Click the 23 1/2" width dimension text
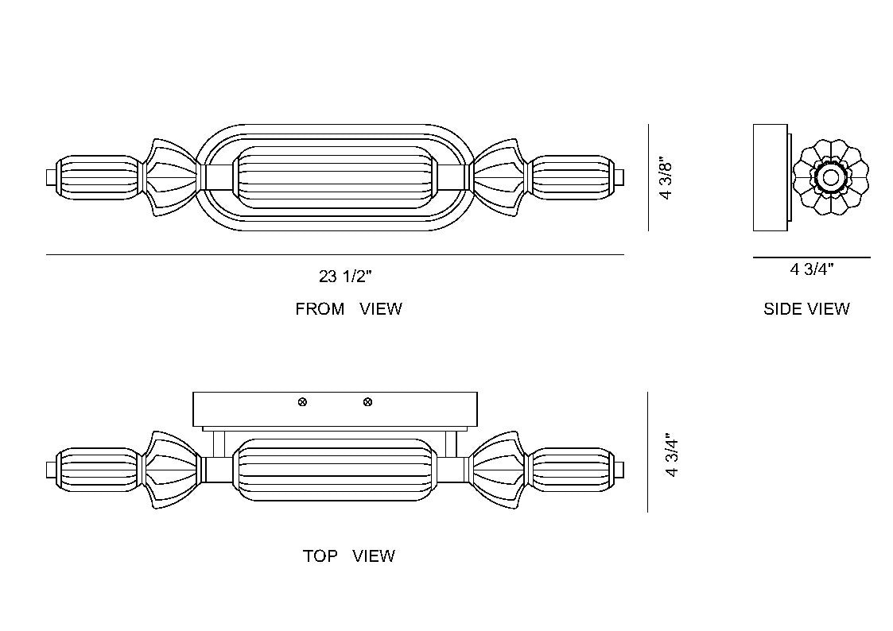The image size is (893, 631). pyautogui.click(x=345, y=277)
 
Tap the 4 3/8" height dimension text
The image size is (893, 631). pyautogui.click(x=666, y=178)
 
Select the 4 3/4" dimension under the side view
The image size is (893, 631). pyautogui.click(x=812, y=269)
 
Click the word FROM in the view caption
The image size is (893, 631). pyautogui.click(x=320, y=309)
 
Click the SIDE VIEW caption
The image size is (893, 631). pyautogui.click(x=806, y=309)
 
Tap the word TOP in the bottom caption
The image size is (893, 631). pyautogui.click(x=320, y=556)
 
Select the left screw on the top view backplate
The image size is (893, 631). pyautogui.click(x=302, y=402)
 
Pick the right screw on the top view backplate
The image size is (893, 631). pyautogui.click(x=368, y=402)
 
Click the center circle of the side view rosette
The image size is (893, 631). pyautogui.click(x=830, y=177)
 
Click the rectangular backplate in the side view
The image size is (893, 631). pyautogui.click(x=770, y=177)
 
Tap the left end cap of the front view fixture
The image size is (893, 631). pyautogui.click(x=51, y=177)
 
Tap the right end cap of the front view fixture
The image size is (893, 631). pyautogui.click(x=619, y=177)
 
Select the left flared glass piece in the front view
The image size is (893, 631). pyautogui.click(x=171, y=177)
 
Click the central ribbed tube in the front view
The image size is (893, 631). pyautogui.click(x=335, y=177)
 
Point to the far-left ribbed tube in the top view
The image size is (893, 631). pyautogui.click(x=99, y=470)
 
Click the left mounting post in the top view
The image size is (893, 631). pyautogui.click(x=219, y=443)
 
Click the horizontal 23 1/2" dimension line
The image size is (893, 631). pyautogui.click(x=335, y=255)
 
